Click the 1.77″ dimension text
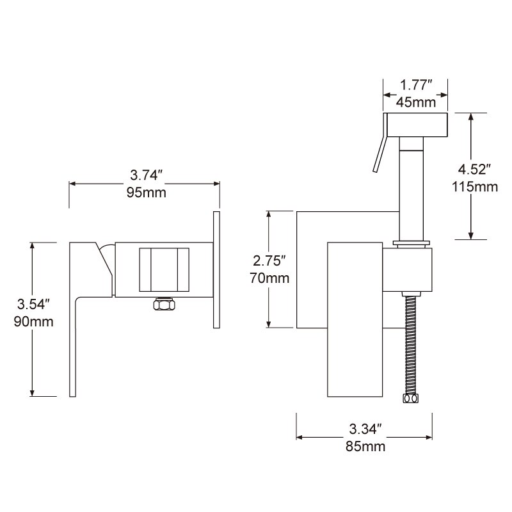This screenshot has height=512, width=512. pos(417,85)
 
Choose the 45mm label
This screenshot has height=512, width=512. pos(417,102)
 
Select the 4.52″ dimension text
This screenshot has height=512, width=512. pos(474,170)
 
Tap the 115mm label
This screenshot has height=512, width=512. pos(474,187)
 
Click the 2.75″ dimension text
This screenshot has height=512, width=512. pos(269,261)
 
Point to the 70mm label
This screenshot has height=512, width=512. pos(269,278)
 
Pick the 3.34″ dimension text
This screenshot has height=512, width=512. pos(365,428)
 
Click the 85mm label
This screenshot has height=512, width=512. pos(365,446)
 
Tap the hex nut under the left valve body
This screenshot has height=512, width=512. pos(164,305)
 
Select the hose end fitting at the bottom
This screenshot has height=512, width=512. pos(409,399)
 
